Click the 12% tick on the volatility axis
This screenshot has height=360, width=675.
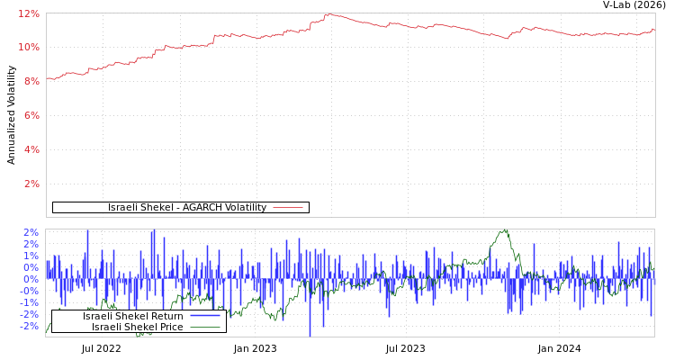(x=29, y=13)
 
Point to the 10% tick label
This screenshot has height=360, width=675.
(x=29, y=47)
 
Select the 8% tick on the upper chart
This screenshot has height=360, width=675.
(x=31, y=81)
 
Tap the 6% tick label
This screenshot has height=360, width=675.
(x=31, y=115)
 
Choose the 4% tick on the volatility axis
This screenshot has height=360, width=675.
(x=31, y=149)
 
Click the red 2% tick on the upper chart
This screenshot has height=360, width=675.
(x=31, y=184)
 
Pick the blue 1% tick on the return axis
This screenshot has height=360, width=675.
(x=30, y=256)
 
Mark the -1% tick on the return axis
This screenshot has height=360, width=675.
(x=29, y=302)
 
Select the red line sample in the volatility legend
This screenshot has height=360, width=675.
(x=287, y=208)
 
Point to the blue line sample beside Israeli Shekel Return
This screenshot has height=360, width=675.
(x=204, y=316)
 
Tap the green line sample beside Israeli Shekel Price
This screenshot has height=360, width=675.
(x=204, y=327)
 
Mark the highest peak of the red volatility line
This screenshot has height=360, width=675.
(x=328, y=13)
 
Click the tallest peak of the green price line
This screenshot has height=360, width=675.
(x=505, y=229)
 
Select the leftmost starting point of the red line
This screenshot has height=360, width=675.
(x=47, y=78)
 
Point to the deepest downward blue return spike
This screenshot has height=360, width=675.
(x=310, y=335)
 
